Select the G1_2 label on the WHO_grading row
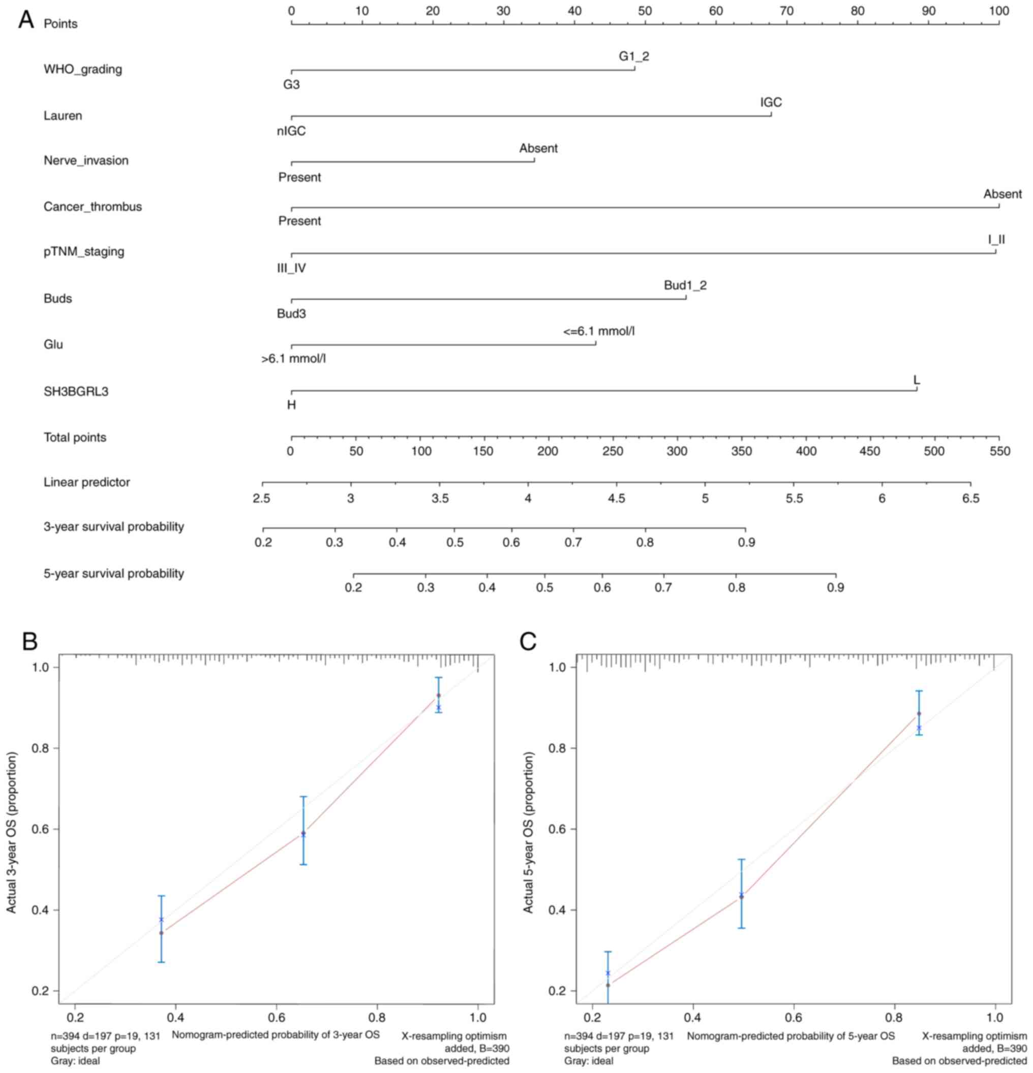(x=634, y=56)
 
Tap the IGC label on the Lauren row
(x=771, y=103)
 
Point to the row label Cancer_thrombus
(x=93, y=206)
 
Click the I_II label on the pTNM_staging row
(x=996, y=240)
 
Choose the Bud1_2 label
(x=685, y=285)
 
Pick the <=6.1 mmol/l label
(x=599, y=331)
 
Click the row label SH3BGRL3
(x=76, y=391)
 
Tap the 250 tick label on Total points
(x=613, y=452)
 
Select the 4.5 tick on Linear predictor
(x=616, y=499)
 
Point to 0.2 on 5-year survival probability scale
(x=353, y=588)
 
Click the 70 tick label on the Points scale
(x=786, y=11)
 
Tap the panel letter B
(x=29, y=641)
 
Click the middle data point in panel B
(x=303, y=833)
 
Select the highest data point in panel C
(x=919, y=714)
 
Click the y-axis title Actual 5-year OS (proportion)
(x=528, y=832)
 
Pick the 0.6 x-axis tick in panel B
(x=276, y=1017)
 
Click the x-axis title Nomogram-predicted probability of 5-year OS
(x=791, y=1036)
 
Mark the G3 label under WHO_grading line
(x=291, y=85)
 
